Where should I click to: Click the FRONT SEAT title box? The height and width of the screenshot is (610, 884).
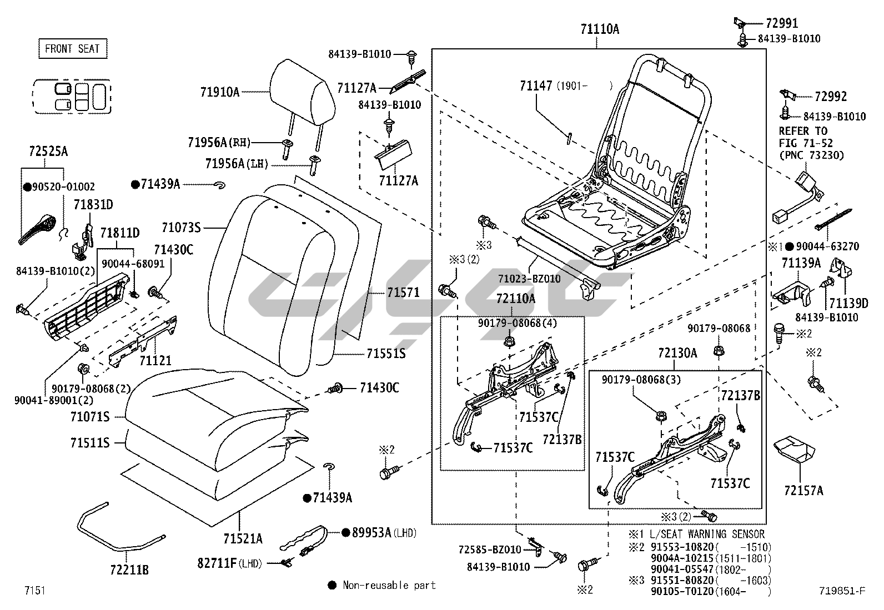click(x=72, y=49)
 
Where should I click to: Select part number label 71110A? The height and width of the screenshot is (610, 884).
click(x=599, y=29)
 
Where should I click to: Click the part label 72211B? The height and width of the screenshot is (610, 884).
click(x=129, y=569)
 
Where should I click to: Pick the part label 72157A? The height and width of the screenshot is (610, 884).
click(x=803, y=491)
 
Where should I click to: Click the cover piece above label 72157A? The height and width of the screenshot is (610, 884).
click(x=796, y=448)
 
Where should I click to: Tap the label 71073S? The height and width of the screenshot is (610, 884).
click(x=181, y=228)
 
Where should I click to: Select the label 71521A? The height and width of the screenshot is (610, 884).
click(x=243, y=538)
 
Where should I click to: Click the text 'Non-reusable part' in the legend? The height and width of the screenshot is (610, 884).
click(x=389, y=585)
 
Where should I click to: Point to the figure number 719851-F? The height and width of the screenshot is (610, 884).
click(x=842, y=591)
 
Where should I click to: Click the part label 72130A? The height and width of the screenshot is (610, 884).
click(x=677, y=353)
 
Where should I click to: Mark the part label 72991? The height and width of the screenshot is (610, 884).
click(x=781, y=23)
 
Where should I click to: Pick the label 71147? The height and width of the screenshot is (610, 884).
click(x=536, y=86)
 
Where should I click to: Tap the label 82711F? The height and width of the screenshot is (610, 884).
click(x=217, y=564)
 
